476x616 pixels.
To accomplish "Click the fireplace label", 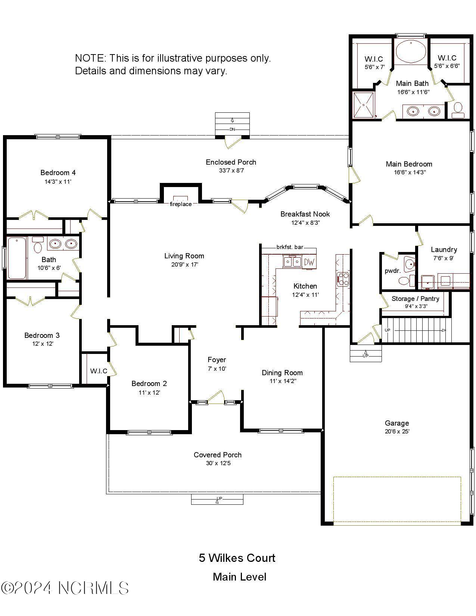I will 181,204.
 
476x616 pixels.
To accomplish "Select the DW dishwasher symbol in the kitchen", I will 309,262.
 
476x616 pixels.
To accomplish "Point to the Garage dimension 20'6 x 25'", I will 397,432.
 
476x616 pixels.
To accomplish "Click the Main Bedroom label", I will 409,164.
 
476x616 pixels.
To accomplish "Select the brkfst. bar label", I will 289,247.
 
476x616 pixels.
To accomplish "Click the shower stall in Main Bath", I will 364,105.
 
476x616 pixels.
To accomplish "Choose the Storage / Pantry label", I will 415,299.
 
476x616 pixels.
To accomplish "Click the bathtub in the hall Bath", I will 16,258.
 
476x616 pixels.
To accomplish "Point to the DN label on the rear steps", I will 232,129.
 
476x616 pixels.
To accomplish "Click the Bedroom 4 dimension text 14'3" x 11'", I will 58,182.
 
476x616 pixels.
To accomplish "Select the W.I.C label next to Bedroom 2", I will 99,371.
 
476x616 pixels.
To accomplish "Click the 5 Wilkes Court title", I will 237,558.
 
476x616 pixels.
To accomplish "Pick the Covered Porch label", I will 217,455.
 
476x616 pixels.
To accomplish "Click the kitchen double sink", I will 292,262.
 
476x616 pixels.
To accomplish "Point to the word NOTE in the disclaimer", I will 90,58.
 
